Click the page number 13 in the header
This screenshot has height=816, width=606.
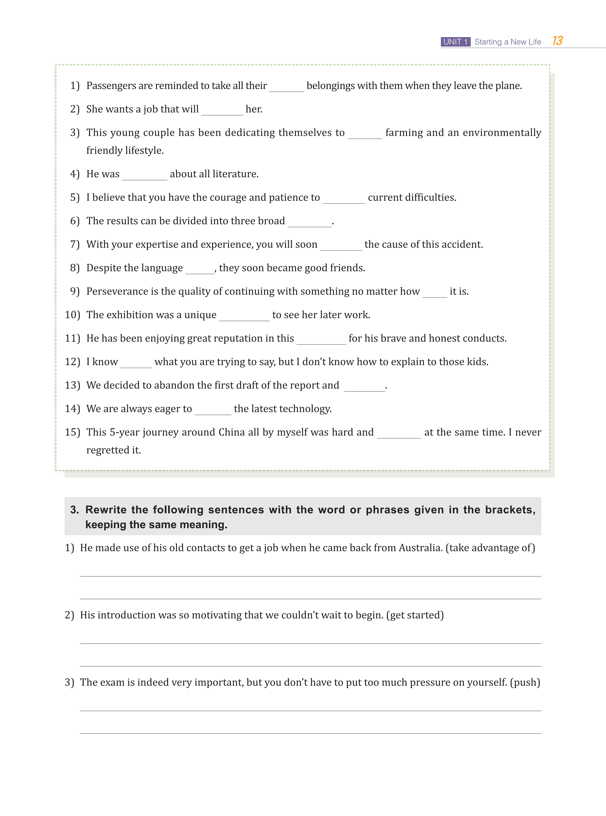(x=557, y=41)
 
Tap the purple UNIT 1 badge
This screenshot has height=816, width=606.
(x=455, y=42)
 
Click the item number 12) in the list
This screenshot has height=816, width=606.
(x=72, y=362)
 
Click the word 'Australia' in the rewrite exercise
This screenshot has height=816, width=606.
(x=420, y=548)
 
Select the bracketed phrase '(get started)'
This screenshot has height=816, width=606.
(x=415, y=615)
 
